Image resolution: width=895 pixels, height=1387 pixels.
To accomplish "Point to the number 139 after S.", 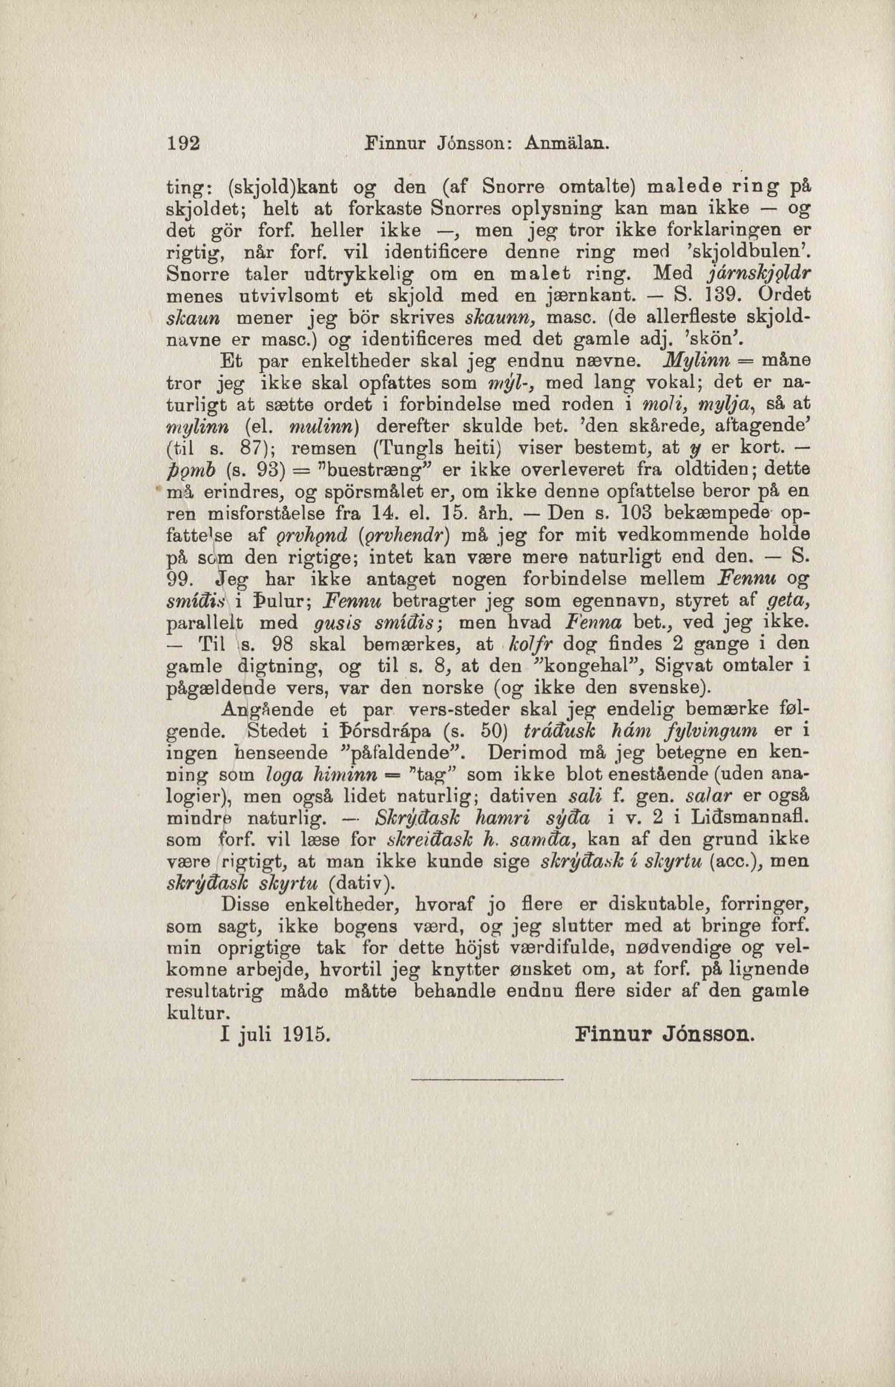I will coord(721,295).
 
